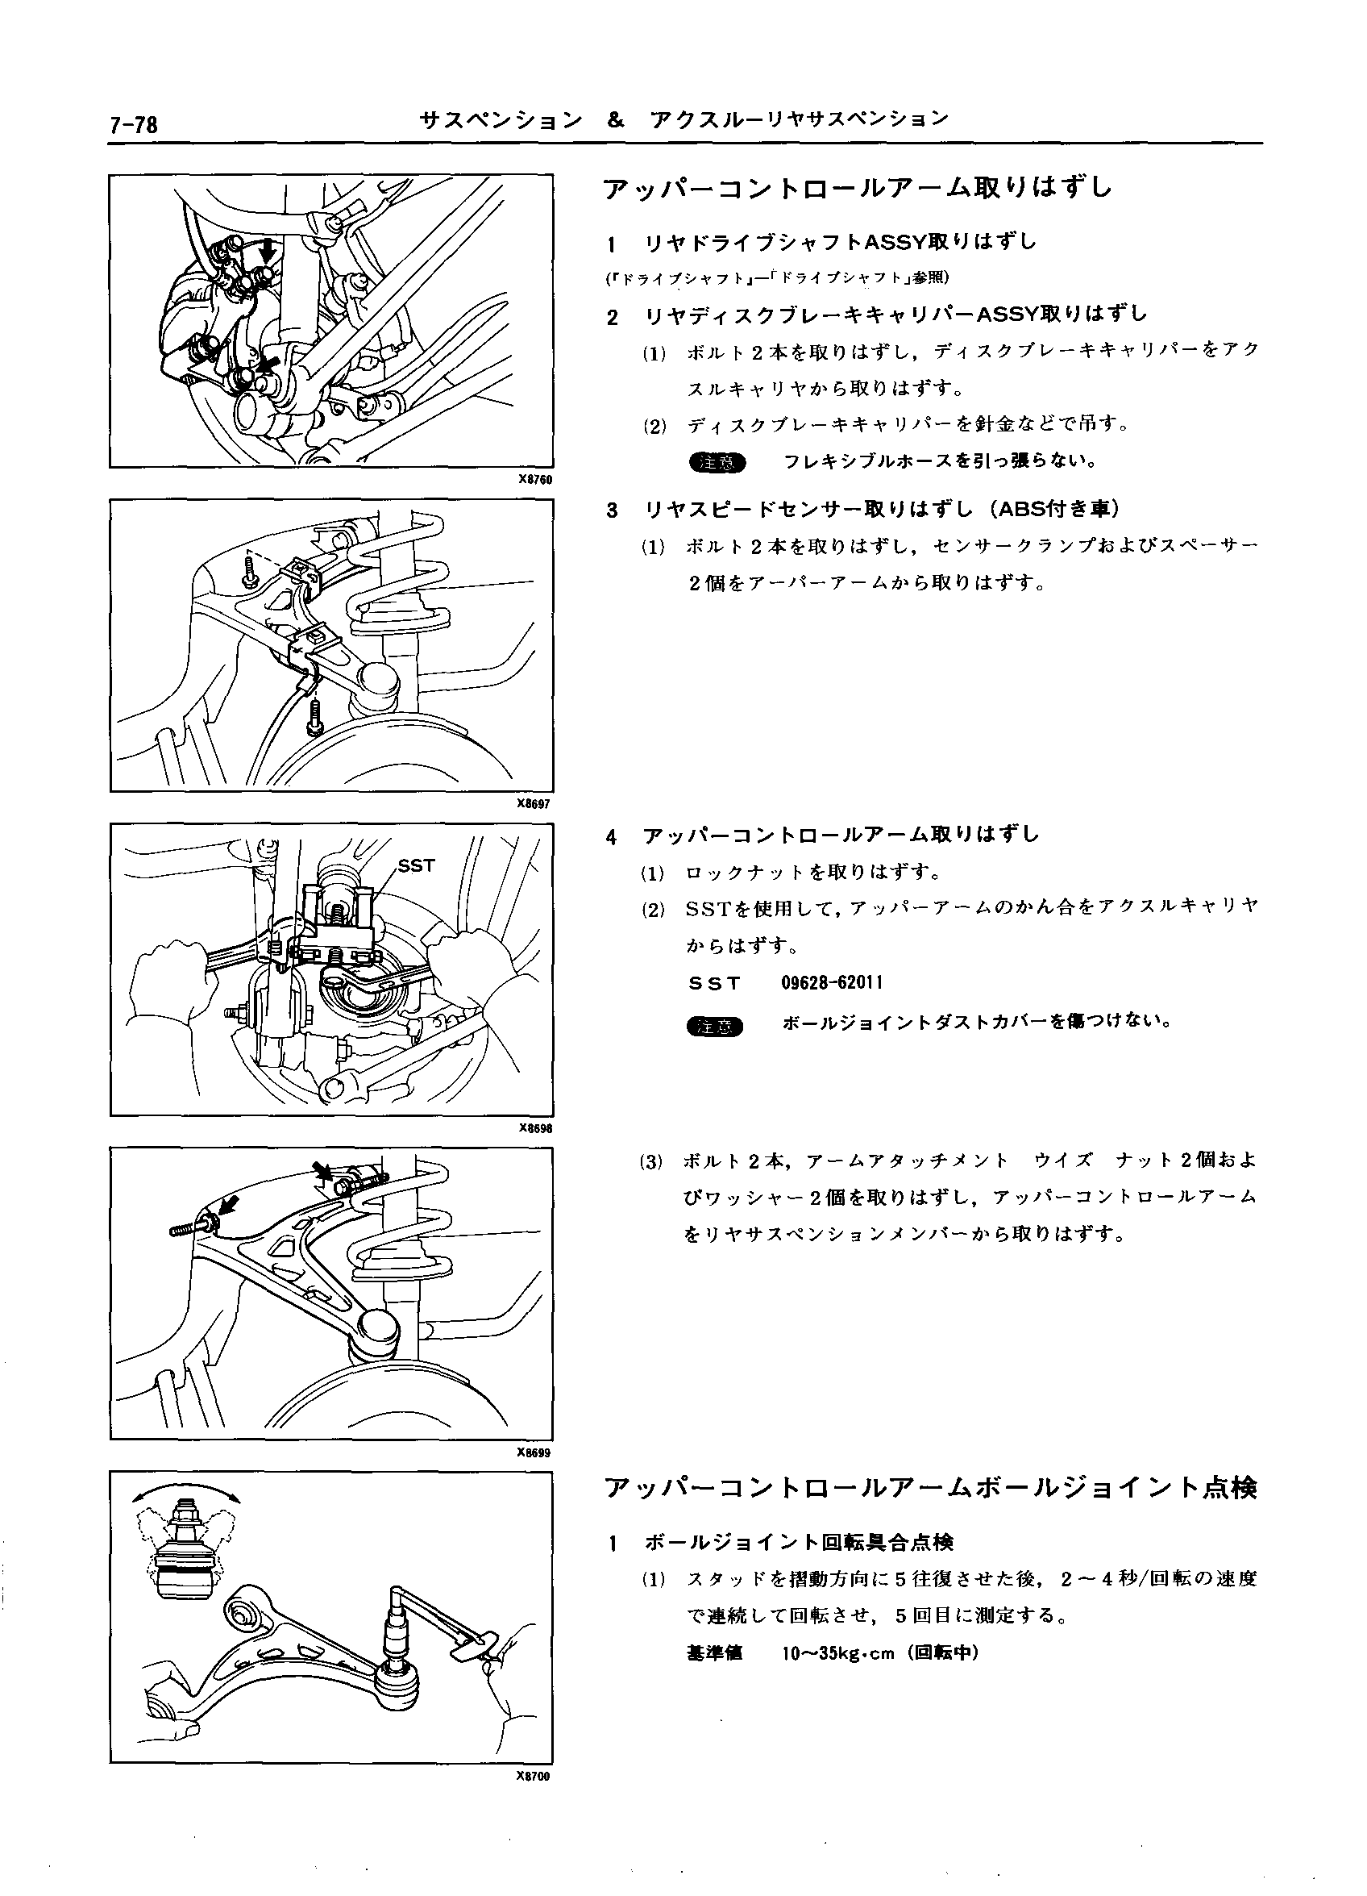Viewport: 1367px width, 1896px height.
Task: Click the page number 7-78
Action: tap(134, 124)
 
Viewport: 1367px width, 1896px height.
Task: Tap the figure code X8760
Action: tap(534, 480)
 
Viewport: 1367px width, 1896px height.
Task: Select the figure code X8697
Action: tap(534, 804)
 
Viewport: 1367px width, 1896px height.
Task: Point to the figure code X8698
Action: tap(534, 1127)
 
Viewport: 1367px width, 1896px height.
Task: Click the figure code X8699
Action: tap(534, 1452)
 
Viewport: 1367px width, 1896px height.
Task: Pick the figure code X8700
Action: tap(534, 1777)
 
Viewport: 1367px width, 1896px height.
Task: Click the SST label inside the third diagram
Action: tap(416, 866)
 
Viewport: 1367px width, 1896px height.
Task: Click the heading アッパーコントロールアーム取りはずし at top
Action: tap(858, 188)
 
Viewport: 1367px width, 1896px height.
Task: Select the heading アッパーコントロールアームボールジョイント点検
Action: tap(929, 1489)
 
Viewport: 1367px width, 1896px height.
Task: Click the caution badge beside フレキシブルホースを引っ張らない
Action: tap(716, 462)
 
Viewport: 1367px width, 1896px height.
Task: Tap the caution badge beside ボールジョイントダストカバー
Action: tap(716, 1026)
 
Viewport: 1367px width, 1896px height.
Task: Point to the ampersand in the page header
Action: tap(616, 120)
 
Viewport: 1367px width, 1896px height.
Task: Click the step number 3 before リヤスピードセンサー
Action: tap(613, 510)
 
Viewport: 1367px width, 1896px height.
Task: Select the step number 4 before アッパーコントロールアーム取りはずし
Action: tap(613, 836)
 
